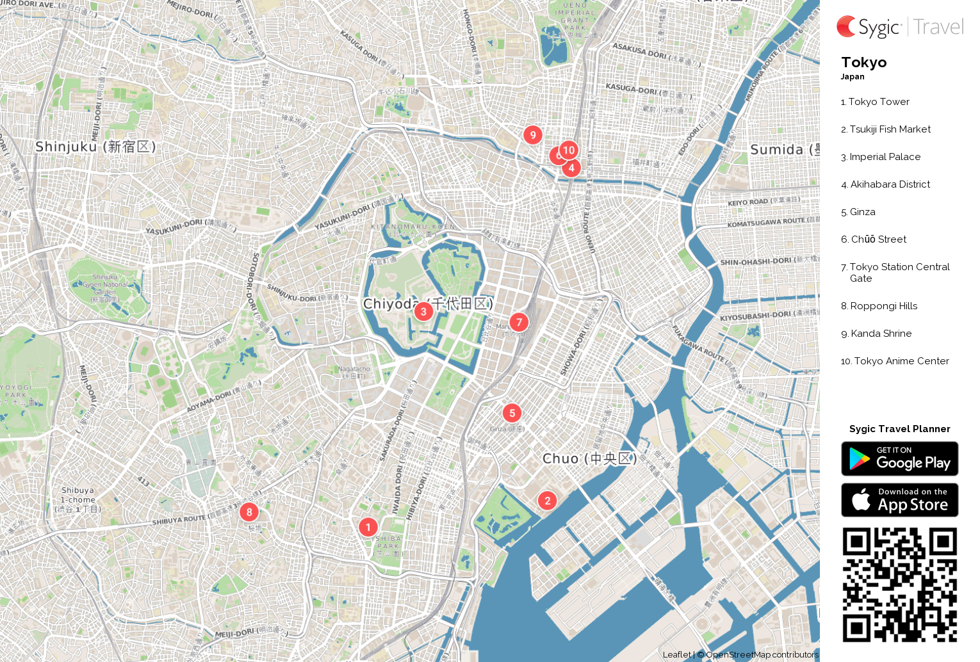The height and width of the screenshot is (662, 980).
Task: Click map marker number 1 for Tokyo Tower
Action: click(368, 527)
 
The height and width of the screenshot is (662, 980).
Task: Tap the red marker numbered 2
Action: click(547, 501)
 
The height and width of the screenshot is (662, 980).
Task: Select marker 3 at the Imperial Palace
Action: click(423, 312)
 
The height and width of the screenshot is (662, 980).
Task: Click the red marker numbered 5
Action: click(512, 413)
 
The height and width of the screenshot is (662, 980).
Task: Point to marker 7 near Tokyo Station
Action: click(519, 322)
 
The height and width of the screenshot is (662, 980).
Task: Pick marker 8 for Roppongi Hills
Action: click(249, 512)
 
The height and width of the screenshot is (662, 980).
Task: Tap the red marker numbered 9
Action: click(533, 135)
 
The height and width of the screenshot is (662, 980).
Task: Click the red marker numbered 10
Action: click(569, 150)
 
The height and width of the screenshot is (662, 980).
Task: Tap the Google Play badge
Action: click(899, 459)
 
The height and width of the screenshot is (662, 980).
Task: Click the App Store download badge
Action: click(899, 500)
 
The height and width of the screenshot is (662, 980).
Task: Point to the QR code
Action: click(899, 585)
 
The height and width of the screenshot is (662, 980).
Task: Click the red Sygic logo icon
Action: click(846, 27)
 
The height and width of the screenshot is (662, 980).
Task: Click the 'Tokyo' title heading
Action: click(863, 63)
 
